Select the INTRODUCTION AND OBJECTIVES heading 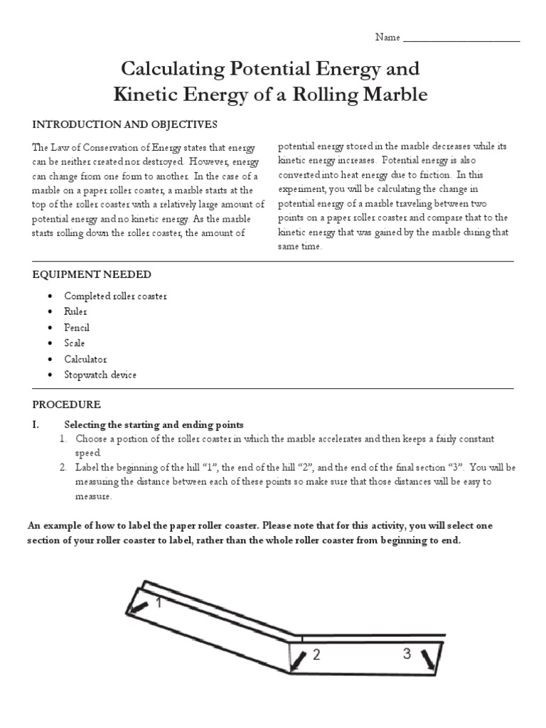pyautogui.click(x=124, y=124)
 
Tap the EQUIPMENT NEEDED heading pyautogui.click(x=92, y=274)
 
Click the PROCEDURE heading pyautogui.click(x=67, y=405)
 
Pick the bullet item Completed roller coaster pyautogui.click(x=115, y=296)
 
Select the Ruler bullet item pyautogui.click(x=75, y=311)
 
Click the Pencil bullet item pyautogui.click(x=77, y=328)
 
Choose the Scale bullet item pyautogui.click(x=75, y=343)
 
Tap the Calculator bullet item pyautogui.click(x=85, y=359)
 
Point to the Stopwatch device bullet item pyautogui.click(x=100, y=375)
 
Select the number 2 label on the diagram pyautogui.click(x=316, y=655)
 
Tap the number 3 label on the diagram pyautogui.click(x=407, y=654)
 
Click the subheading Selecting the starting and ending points pyautogui.click(x=154, y=424)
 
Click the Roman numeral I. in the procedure pyautogui.click(x=36, y=424)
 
